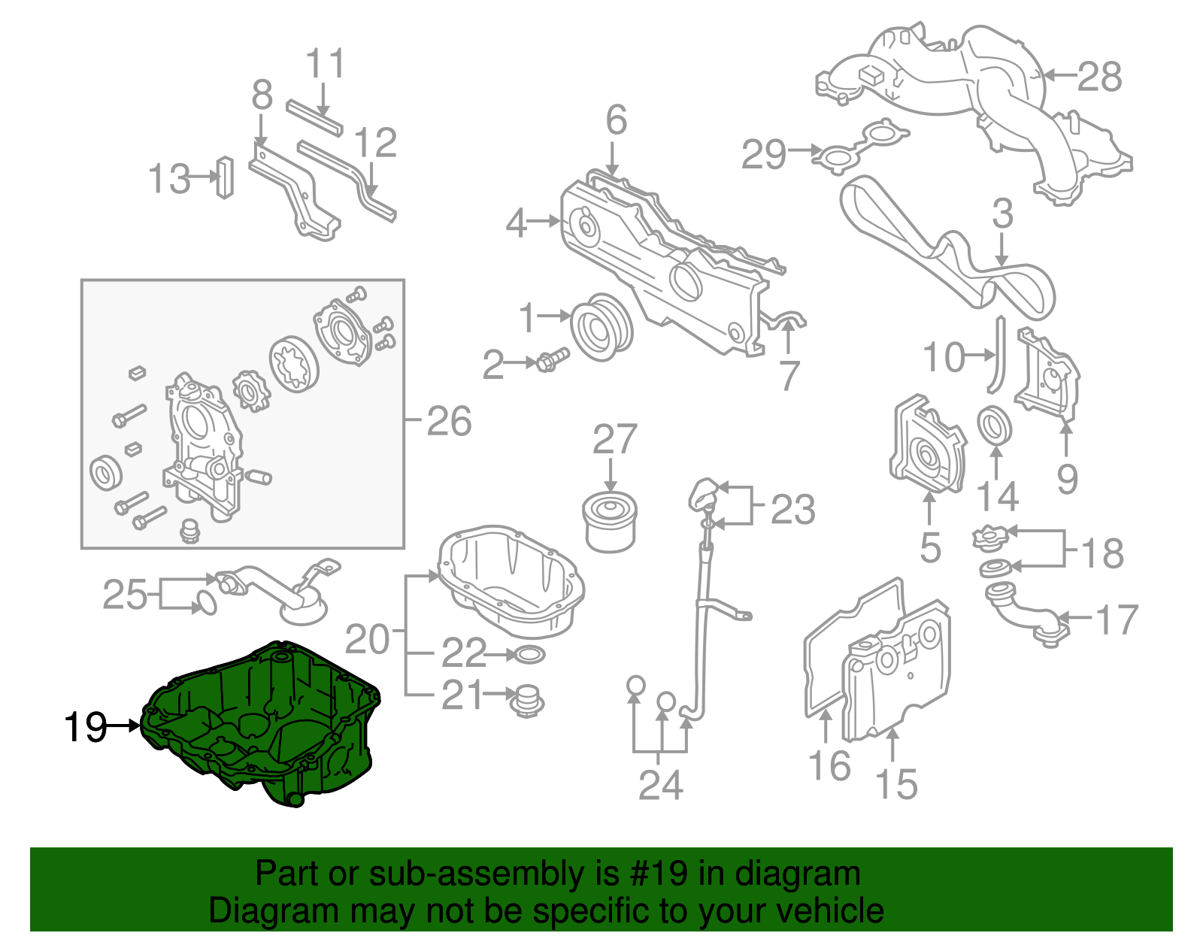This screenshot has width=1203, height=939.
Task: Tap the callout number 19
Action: (x=85, y=727)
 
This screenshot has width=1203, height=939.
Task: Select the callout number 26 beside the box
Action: (x=449, y=421)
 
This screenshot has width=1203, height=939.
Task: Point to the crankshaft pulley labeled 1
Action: (x=601, y=328)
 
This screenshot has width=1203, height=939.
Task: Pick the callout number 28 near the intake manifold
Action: (x=1099, y=77)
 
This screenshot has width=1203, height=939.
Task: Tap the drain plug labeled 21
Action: (x=527, y=701)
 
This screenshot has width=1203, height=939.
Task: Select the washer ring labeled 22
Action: (x=531, y=656)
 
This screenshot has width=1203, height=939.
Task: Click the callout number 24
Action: (x=661, y=785)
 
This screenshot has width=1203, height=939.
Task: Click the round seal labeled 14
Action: (x=995, y=426)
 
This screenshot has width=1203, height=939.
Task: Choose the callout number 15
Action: (x=897, y=784)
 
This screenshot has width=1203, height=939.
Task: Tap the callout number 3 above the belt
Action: (x=1002, y=214)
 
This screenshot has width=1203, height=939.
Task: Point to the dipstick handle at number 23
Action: (x=705, y=494)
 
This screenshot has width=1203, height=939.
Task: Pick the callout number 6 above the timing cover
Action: (x=616, y=120)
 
